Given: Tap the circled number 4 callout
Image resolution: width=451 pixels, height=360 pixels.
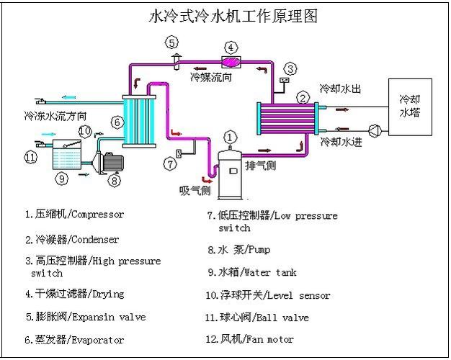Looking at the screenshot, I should tap(231, 48).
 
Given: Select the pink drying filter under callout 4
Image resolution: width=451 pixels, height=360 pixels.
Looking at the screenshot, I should tap(231, 63).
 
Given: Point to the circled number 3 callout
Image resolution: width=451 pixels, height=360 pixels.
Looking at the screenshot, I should tap(290, 69).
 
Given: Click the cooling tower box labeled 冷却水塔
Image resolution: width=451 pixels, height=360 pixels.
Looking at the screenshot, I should tap(411, 107).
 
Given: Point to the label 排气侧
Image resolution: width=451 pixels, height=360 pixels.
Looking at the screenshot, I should tap(260, 166).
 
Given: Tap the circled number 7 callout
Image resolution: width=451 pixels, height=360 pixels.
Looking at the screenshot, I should tap(170, 164).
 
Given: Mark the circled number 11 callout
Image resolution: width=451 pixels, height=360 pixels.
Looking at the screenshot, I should tap(30, 157).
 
